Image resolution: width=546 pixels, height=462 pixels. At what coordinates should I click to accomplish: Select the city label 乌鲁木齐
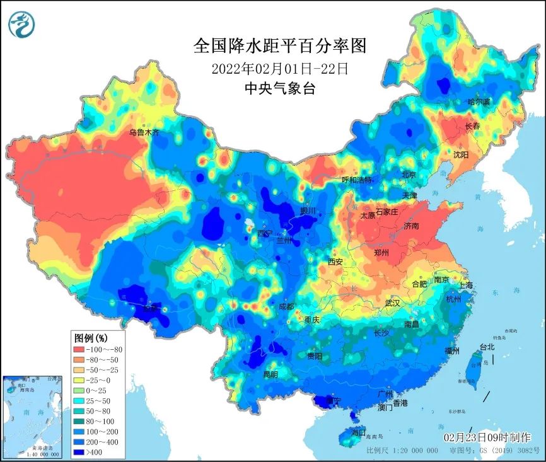(x=145, y=133)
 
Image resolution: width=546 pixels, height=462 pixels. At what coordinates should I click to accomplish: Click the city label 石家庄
(x=386, y=212)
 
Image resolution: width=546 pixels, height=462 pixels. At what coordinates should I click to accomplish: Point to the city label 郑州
(x=381, y=253)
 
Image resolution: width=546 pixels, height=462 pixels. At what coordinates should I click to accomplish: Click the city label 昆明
(x=270, y=374)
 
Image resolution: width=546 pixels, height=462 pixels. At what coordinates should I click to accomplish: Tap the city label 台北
(x=487, y=347)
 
